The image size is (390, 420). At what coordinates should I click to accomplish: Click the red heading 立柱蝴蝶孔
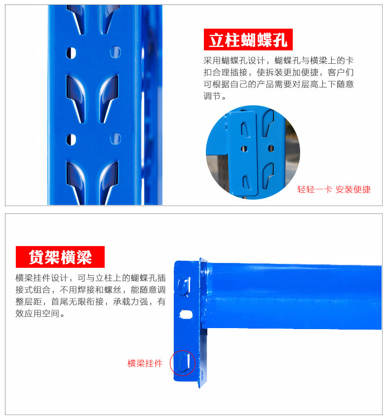248,40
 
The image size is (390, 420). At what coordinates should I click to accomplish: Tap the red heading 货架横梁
60,257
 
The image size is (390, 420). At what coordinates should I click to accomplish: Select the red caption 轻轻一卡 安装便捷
334,189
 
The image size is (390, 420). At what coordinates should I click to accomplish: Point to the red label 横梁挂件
145,363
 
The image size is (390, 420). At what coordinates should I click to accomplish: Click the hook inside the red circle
183,363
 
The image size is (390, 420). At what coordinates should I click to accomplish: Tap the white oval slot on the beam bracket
185,314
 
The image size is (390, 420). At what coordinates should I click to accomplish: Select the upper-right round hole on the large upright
116,51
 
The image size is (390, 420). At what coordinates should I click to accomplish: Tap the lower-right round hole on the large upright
116,138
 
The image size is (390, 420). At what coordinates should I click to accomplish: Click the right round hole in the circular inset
270,148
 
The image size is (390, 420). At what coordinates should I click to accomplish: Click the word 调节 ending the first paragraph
212,95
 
